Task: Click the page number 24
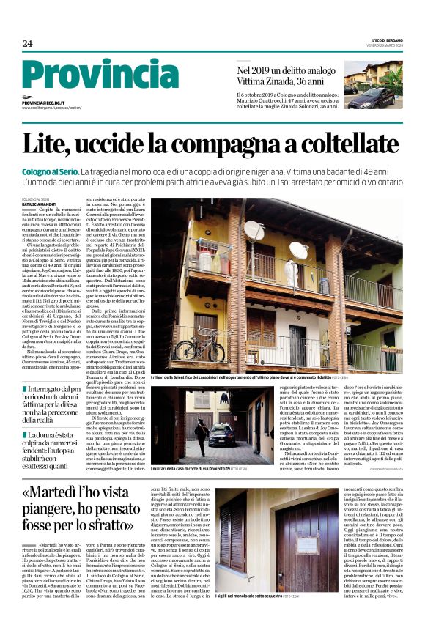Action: coord(27,43)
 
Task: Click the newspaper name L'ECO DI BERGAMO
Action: coord(385,40)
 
